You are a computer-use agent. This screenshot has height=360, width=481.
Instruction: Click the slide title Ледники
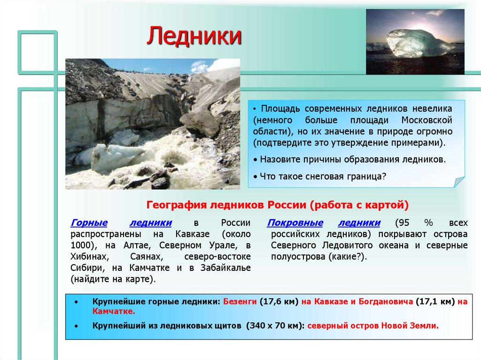tap(194, 37)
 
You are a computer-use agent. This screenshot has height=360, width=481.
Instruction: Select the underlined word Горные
tap(89, 222)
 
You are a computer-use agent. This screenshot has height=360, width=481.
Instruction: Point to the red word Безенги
tap(240, 301)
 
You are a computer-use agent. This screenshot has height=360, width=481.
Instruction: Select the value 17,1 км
tap(435, 301)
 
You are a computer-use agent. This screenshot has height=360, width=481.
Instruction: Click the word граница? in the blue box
tap(366, 176)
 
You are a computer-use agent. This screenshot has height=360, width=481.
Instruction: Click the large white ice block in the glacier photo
tap(115, 156)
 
